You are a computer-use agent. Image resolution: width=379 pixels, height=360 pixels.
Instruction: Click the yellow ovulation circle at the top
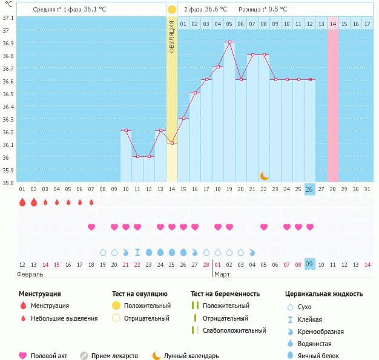[172, 10]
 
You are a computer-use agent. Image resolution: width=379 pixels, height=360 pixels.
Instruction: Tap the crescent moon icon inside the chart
[264, 175]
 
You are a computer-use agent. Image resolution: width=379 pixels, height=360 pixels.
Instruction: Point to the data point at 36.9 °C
[229, 42]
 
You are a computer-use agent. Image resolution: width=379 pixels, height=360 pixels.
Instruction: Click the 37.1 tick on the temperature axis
[8, 17]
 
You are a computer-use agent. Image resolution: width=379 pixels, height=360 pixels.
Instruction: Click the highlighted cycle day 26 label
[309, 189]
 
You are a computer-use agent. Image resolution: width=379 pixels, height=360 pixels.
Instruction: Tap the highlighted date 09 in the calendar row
[309, 264]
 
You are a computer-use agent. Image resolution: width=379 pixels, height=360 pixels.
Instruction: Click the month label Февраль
[30, 274]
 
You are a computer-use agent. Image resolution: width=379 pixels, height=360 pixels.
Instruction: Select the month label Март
[222, 274]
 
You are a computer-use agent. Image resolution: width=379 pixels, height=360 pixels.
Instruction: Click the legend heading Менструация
[39, 294]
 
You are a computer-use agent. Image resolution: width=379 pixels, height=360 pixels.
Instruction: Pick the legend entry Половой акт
[45, 356]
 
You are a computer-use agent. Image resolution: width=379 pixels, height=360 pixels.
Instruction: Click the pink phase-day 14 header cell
[333, 24]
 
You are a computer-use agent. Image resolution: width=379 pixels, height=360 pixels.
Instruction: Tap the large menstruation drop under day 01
[22, 203]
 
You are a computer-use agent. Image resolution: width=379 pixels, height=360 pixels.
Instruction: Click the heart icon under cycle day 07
[91, 227]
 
